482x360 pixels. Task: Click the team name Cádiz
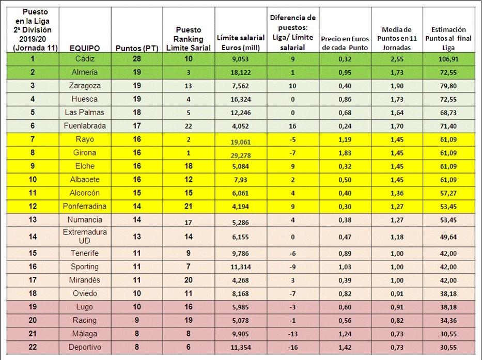85,59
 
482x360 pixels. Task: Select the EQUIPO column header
85,48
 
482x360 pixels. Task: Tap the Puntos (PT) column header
137,48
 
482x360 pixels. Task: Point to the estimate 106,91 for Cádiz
448,59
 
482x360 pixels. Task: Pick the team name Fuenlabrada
85,126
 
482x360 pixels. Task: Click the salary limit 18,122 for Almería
241,72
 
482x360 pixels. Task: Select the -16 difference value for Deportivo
292,347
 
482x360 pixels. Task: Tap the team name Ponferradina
85,206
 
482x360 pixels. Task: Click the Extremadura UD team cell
85,237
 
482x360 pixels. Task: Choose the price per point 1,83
344,153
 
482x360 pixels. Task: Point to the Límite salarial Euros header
241,42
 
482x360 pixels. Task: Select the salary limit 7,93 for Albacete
241,179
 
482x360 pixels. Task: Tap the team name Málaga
85,334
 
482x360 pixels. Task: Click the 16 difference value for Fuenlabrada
292,126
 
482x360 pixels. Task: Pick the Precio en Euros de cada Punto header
344,42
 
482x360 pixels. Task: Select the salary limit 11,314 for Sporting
241,267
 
